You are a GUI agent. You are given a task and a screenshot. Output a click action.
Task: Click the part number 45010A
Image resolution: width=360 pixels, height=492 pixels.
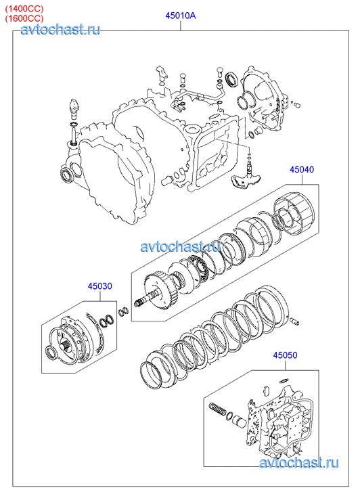(x=181, y=16)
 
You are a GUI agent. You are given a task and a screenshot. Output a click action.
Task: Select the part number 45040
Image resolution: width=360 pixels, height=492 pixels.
(x=302, y=169)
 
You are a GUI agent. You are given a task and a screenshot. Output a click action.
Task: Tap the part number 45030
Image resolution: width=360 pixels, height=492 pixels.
(x=99, y=286)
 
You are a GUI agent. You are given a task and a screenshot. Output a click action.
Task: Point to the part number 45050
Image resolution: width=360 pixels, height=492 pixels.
(x=285, y=355)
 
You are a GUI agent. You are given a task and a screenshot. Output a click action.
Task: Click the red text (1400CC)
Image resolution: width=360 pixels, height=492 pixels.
(x=24, y=8)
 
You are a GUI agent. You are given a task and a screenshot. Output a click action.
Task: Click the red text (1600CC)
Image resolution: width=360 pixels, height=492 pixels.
(x=24, y=18)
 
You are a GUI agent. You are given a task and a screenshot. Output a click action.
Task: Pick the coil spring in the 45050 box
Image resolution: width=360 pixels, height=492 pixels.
(x=218, y=409)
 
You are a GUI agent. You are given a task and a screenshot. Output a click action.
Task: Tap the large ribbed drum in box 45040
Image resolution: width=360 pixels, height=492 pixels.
(x=294, y=212)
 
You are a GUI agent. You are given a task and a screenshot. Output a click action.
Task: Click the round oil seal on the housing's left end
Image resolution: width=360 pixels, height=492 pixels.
(x=67, y=176)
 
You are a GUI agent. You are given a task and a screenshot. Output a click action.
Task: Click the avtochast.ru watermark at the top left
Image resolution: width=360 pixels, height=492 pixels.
(x=61, y=30)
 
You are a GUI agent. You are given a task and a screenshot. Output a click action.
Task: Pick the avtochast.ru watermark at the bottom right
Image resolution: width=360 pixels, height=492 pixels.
(x=299, y=463)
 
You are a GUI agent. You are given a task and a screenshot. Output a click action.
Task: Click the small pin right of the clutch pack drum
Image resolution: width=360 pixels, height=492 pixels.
(x=295, y=321)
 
